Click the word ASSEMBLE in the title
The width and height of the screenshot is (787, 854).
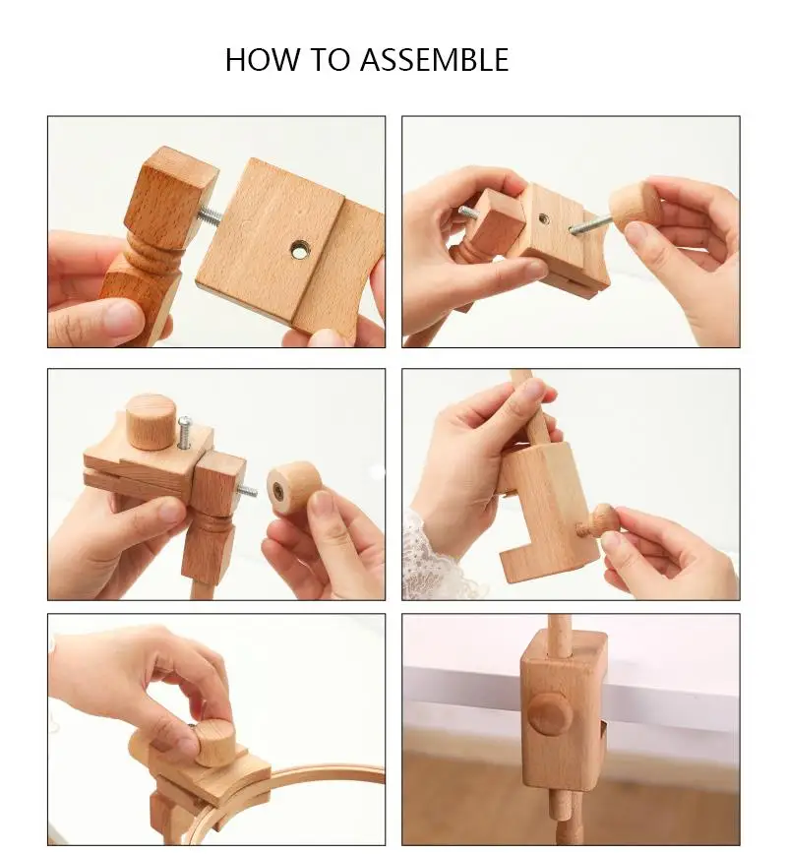coord(434,60)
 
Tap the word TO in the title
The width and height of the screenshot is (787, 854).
coord(331,60)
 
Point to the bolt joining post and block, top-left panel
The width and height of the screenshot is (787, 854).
coord(210,213)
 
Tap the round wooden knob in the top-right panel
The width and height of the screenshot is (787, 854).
coord(635,206)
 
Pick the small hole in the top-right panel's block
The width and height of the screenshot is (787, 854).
coord(543,218)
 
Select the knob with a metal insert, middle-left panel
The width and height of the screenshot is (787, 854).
coord(293,487)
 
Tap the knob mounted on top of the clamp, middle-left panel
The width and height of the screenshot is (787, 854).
coord(151,420)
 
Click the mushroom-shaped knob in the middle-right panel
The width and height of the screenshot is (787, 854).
coord(598,519)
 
